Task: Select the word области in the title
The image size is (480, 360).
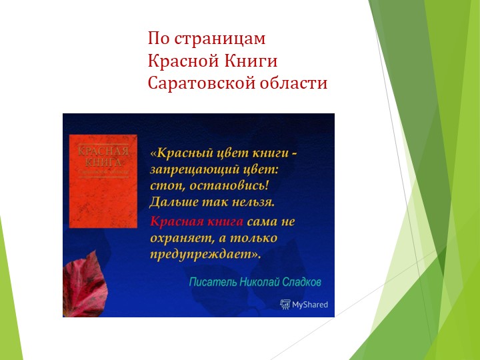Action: coord(297,84)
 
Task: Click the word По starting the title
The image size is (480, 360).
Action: coord(157,39)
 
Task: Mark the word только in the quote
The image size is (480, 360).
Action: coord(254,238)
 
